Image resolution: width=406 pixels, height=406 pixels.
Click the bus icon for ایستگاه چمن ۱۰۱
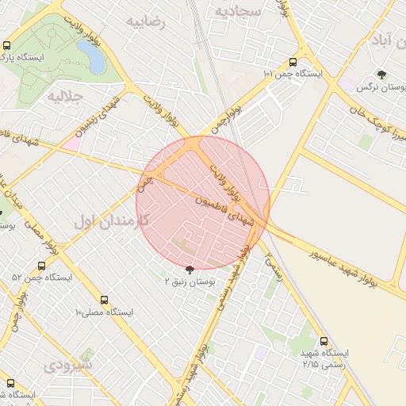click(x=293, y=63)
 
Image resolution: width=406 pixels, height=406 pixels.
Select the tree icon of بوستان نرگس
click(x=382, y=75)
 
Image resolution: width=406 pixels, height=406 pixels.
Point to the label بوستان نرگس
click(x=375, y=88)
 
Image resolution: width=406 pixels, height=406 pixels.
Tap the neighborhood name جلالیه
click(x=65, y=97)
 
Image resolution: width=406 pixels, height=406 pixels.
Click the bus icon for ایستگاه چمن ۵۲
click(x=41, y=266)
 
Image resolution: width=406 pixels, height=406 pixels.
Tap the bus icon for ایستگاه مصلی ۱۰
click(x=105, y=300)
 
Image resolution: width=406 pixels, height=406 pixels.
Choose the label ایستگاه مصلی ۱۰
click(x=105, y=312)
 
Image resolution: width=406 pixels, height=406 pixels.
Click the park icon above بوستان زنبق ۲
click(x=188, y=270)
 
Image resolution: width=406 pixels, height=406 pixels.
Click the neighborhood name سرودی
click(x=69, y=366)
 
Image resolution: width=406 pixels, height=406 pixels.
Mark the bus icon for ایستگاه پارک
click(x=7, y=46)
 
